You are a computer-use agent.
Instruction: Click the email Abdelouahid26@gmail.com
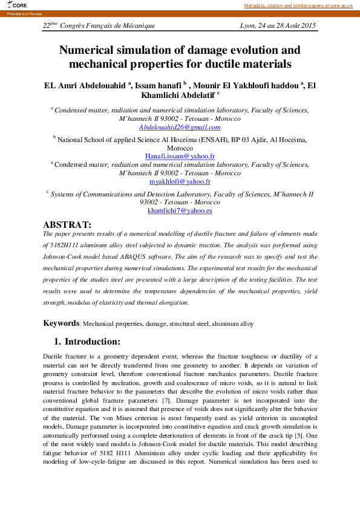click(180, 127)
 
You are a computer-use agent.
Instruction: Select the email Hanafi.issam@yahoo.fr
click(180, 156)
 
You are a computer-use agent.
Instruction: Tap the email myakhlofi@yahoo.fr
click(180, 181)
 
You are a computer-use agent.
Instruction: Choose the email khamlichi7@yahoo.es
click(180, 211)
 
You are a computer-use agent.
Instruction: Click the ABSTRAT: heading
click(67, 224)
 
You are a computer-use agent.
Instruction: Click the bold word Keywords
click(61, 323)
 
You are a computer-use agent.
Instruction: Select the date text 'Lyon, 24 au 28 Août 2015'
click(278, 25)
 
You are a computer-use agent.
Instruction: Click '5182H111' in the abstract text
click(67, 245)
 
